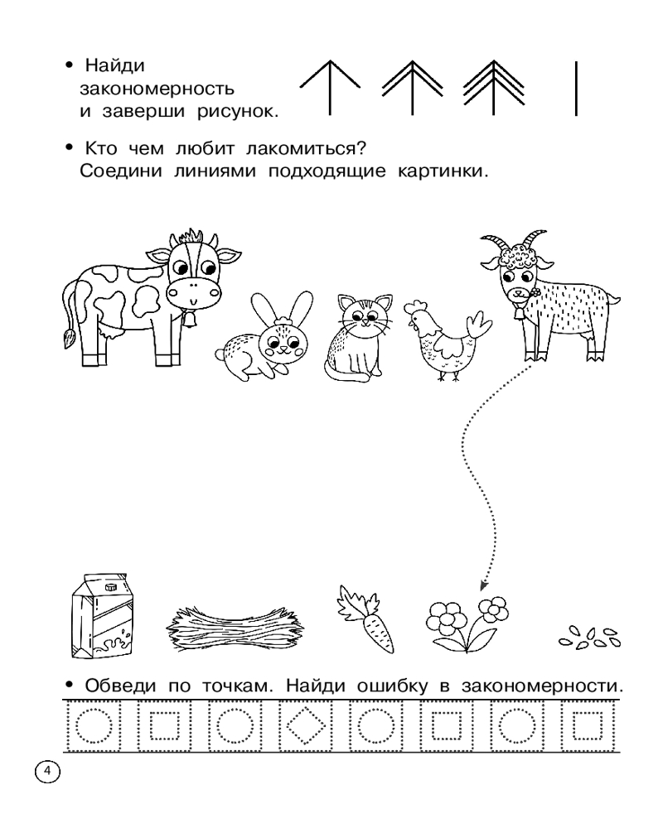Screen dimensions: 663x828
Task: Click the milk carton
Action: point(102,616)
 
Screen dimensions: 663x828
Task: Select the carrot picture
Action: point(366,618)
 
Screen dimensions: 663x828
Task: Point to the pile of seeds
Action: point(589,638)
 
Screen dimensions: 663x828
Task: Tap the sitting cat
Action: point(358,338)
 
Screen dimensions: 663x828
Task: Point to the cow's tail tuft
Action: point(68,338)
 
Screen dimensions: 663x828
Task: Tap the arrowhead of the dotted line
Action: point(482,585)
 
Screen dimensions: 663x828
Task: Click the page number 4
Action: point(47,772)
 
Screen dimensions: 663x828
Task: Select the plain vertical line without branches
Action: point(576,89)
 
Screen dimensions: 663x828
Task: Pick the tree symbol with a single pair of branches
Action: point(330,87)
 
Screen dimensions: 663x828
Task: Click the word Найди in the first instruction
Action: point(114,65)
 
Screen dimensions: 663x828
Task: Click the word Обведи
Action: point(120,686)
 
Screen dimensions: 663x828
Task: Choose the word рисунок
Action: point(238,112)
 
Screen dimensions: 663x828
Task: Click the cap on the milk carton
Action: point(110,587)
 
